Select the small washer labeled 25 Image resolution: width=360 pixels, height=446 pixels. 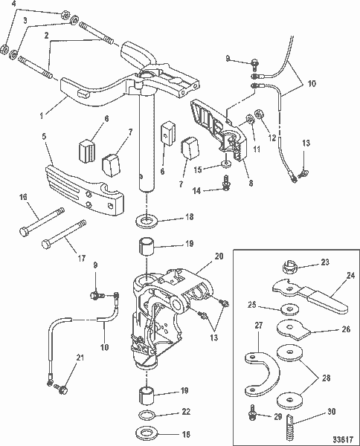[x=287, y=308]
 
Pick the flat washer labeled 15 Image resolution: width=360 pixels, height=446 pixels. [x=226, y=169]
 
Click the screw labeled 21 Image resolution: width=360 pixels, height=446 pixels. [x=62, y=387]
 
